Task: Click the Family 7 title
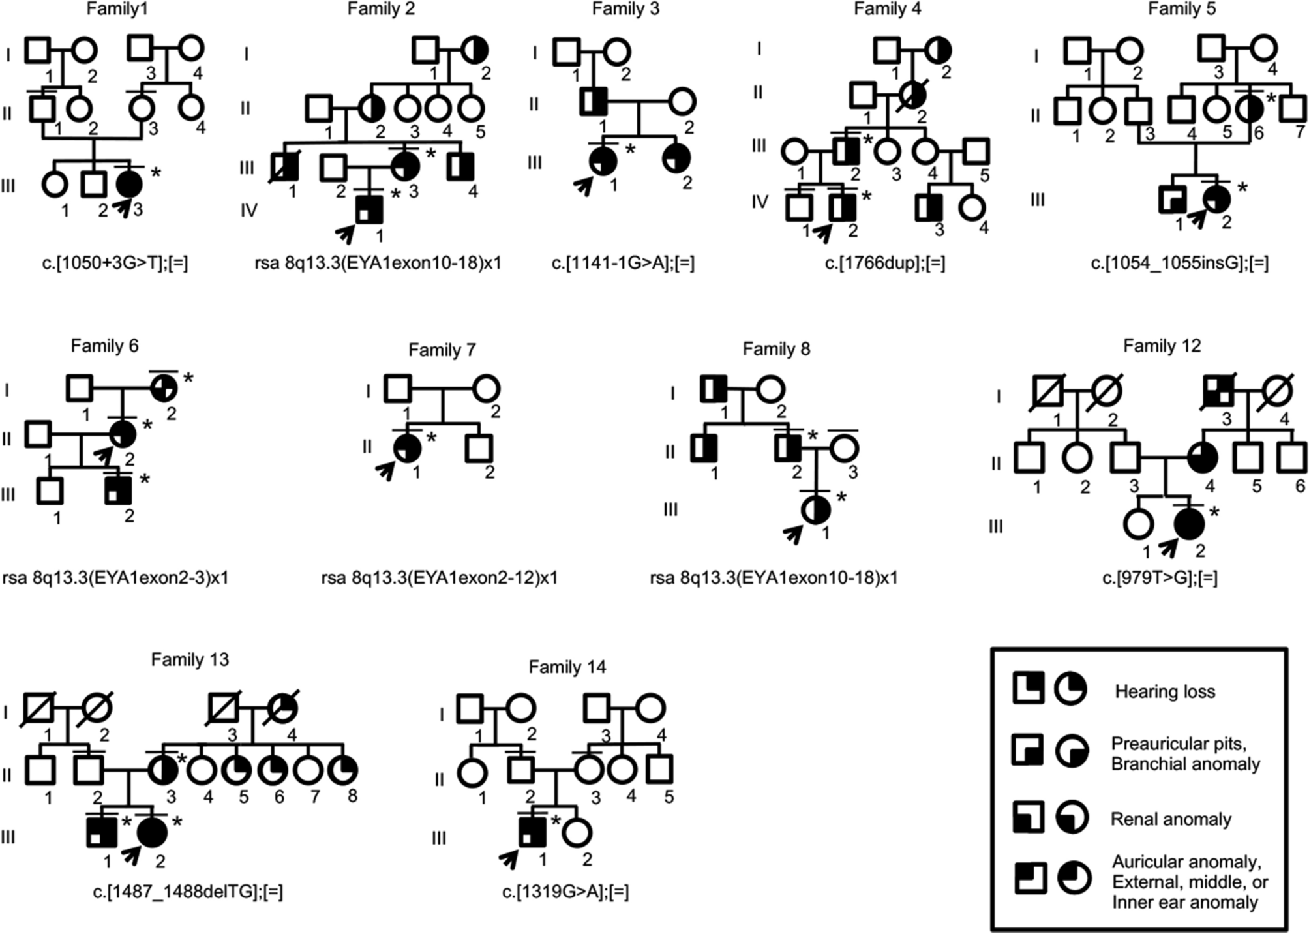tap(442, 350)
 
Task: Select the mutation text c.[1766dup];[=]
tap(884, 263)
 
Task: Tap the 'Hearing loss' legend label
tap(1165, 691)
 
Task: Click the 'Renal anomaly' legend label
tap(1171, 819)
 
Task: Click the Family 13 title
tap(190, 659)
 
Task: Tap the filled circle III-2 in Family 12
tap(1189, 524)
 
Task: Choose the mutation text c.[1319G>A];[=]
tap(565, 892)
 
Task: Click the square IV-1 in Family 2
tap(369, 209)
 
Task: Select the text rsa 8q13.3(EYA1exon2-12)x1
tap(440, 578)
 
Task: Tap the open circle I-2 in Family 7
tap(486, 389)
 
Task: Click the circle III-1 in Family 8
tap(815, 509)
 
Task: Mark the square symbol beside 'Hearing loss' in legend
tap(1029, 688)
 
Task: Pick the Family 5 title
tap(1182, 8)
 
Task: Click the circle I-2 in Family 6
tap(164, 389)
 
